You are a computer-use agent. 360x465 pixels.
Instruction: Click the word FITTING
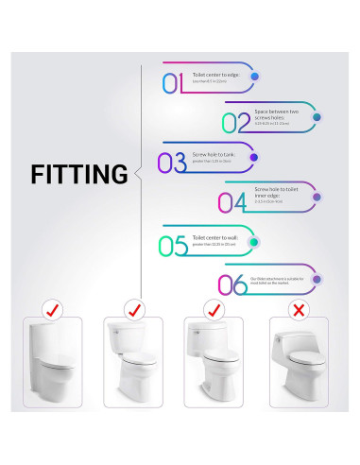point(78,175)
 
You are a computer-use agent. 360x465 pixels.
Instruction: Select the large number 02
point(237,122)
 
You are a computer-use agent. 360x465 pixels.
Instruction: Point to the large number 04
point(232,201)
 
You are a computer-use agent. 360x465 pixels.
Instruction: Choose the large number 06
point(231,284)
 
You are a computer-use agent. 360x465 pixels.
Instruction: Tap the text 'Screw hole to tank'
point(212,153)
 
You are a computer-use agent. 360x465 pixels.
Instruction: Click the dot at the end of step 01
point(255,76)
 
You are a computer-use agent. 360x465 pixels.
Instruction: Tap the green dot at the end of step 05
point(254,242)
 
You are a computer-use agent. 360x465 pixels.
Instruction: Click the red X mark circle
point(300,309)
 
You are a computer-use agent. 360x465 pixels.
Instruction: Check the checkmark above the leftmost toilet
point(51,309)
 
